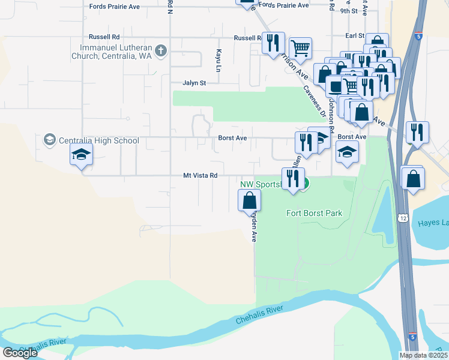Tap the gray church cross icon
160,51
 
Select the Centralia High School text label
99,141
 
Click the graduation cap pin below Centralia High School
82,155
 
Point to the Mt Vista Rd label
200,176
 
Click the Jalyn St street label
194,83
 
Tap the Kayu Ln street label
219,58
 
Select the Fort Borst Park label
314,213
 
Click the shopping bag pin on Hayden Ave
250,200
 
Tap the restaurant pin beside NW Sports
292,179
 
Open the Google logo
20,352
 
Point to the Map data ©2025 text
423,355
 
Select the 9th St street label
348,11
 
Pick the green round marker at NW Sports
305,184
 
